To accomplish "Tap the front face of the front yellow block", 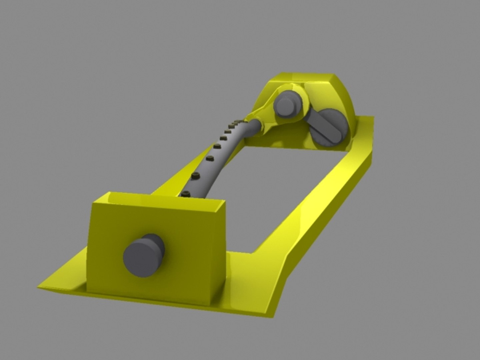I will (x=187, y=253).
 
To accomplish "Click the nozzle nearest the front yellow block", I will (x=186, y=193).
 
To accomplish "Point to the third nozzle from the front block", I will (x=209, y=158).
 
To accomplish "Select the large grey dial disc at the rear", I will (x=328, y=128).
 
